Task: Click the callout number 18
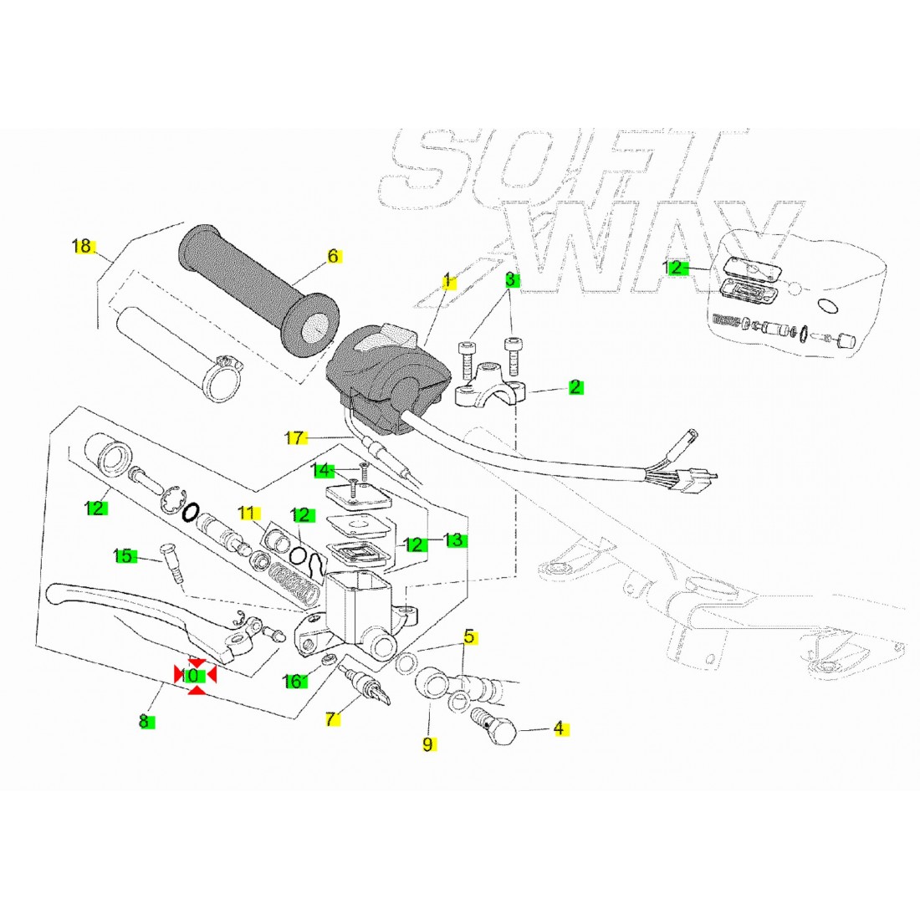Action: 82,246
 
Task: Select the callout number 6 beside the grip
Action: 333,256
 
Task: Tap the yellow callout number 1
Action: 447,279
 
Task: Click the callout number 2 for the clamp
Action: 575,387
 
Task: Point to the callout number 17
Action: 294,437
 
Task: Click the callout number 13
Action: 453,540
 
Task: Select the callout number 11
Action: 248,513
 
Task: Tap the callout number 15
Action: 123,555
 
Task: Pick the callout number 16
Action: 293,682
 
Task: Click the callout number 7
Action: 331,718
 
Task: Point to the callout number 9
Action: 427,744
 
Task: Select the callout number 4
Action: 559,728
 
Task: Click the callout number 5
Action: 469,636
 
